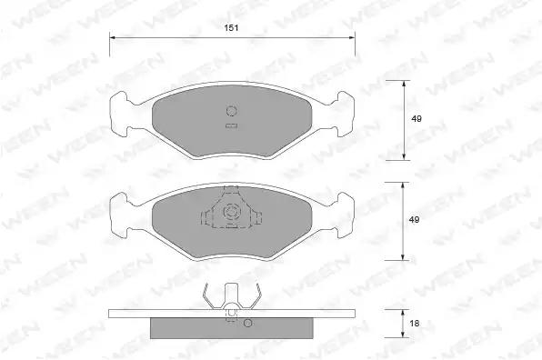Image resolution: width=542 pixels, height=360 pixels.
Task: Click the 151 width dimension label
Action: (x=231, y=27)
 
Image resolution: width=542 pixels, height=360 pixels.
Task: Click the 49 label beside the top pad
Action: (x=417, y=118)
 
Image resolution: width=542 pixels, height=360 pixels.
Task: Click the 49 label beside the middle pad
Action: (x=414, y=219)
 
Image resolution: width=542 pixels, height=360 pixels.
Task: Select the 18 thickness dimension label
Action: (x=414, y=323)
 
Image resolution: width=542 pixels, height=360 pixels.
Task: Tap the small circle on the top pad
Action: (x=231, y=111)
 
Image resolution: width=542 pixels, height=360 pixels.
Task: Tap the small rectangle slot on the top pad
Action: (x=232, y=126)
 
